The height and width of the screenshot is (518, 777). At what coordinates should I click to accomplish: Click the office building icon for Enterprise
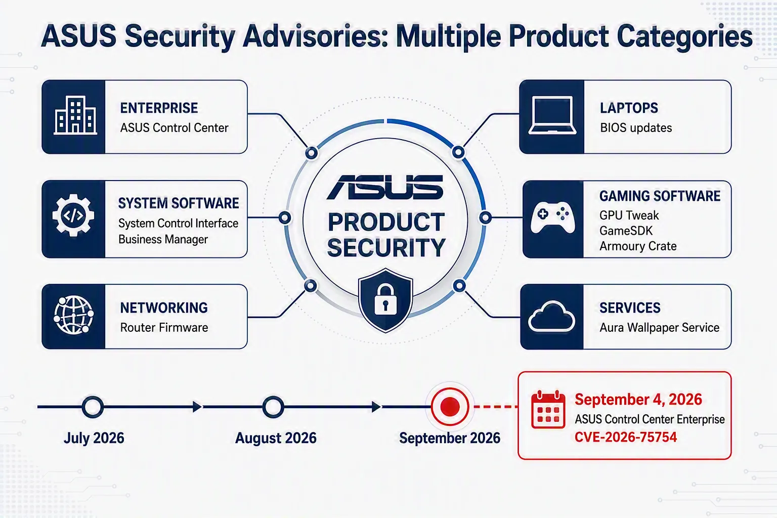pyautogui.click(x=75, y=115)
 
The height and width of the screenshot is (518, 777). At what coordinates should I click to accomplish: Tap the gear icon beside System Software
pyautogui.click(x=73, y=215)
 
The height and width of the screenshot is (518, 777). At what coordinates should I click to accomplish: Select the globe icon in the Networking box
pyautogui.click(x=73, y=315)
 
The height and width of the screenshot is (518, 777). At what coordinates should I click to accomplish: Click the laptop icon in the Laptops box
pyautogui.click(x=552, y=115)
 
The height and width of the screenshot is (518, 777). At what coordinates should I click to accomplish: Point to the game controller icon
pyautogui.click(x=552, y=217)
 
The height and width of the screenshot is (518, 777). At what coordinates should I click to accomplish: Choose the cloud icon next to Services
pyautogui.click(x=551, y=317)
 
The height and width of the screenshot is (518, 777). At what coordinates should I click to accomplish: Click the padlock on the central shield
pyautogui.click(x=385, y=299)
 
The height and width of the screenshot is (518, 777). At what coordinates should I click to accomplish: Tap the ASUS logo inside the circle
pyautogui.click(x=385, y=187)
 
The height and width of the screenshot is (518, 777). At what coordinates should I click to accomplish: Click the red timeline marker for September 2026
pyautogui.click(x=450, y=407)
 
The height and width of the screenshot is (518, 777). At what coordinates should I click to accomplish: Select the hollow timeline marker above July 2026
pyautogui.click(x=93, y=407)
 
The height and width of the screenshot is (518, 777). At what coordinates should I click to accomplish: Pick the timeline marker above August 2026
pyautogui.click(x=273, y=407)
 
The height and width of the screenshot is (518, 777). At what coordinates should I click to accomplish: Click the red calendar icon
pyautogui.click(x=548, y=409)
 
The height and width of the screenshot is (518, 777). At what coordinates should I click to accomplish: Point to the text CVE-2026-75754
pyautogui.click(x=626, y=437)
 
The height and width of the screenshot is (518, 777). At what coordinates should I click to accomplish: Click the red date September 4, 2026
pyautogui.click(x=638, y=400)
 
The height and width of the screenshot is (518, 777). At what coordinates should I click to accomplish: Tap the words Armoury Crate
pyautogui.click(x=638, y=246)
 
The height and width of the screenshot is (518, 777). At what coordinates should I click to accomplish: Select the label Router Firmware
pyautogui.click(x=164, y=327)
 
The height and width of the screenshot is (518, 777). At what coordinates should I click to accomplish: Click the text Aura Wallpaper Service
pyautogui.click(x=660, y=327)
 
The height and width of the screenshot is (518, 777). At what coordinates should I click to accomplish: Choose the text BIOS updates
pyautogui.click(x=636, y=128)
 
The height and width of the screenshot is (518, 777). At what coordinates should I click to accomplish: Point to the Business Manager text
pyautogui.click(x=163, y=239)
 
